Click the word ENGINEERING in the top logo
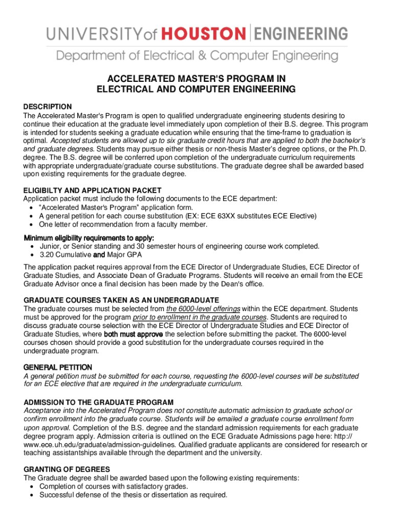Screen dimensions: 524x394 pos(300,34)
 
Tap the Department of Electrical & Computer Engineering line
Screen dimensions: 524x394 pos(197,55)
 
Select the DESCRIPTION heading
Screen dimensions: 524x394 pos(48,106)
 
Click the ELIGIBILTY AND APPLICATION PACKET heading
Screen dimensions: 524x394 pos(92,190)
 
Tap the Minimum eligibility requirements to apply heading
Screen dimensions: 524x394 pos(89,238)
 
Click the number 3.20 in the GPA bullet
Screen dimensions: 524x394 pos(48,254)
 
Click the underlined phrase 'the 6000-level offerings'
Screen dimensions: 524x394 pos(203,309)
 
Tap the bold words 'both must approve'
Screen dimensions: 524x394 pos(133,334)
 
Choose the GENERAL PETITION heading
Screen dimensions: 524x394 pos(58,367)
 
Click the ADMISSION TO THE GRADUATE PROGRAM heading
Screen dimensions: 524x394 pos(99,402)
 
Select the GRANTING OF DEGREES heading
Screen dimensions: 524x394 pos(67,469)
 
